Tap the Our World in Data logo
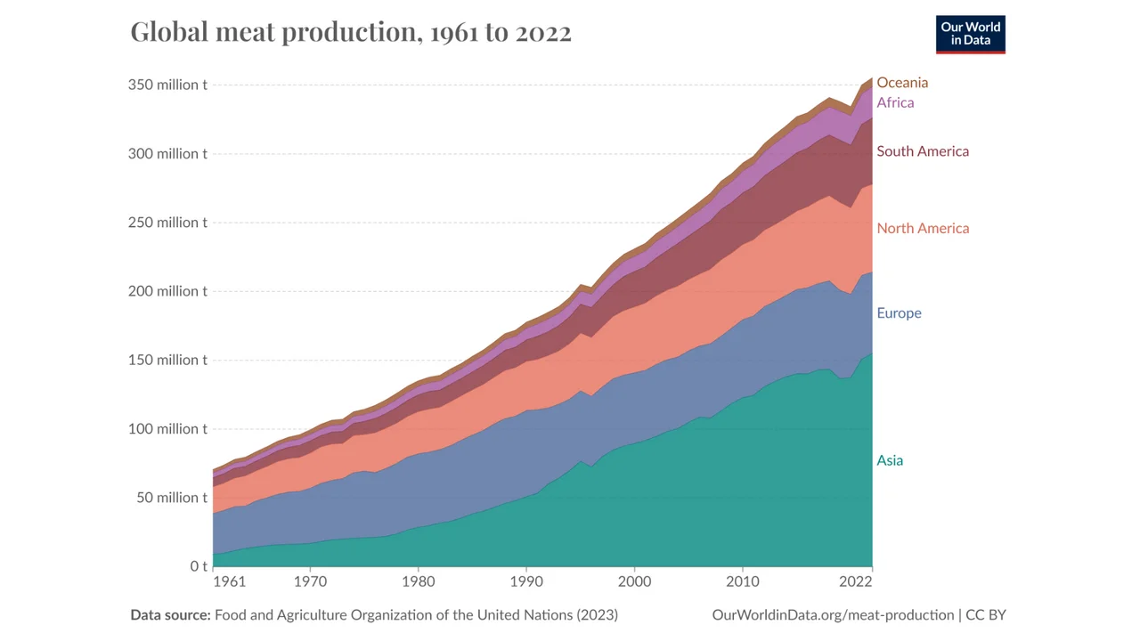pos(970,34)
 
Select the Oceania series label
pos(901,83)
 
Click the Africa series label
pos(894,102)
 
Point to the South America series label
pos(922,151)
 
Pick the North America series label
pos(922,228)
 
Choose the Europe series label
pos(898,313)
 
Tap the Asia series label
pos(889,460)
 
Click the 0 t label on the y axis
pos(198,566)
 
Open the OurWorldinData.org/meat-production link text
pos(833,615)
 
